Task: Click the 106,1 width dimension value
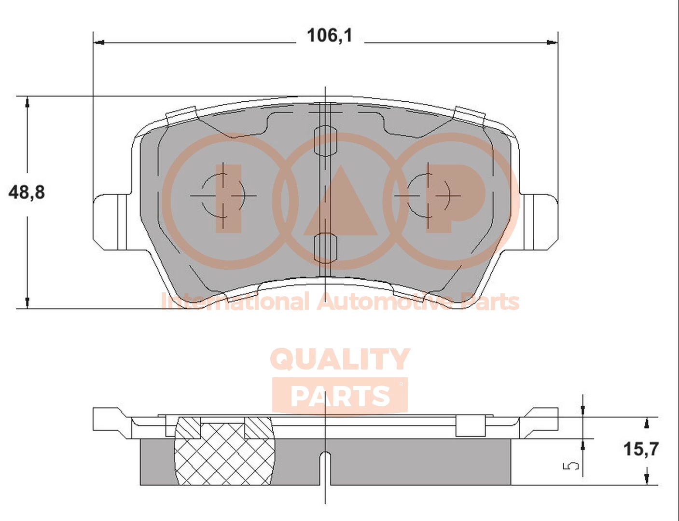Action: [x=330, y=36]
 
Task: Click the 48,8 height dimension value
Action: [x=27, y=192]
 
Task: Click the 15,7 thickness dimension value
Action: [x=641, y=449]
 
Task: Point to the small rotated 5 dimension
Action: [x=570, y=466]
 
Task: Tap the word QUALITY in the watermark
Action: [x=340, y=359]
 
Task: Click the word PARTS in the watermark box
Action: [x=340, y=396]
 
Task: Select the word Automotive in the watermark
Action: [x=385, y=302]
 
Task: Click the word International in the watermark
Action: [x=235, y=302]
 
